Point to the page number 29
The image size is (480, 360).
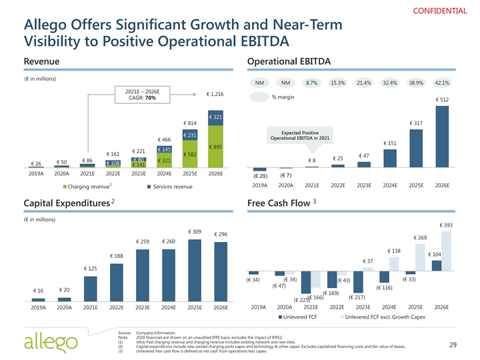[x=452, y=344]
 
